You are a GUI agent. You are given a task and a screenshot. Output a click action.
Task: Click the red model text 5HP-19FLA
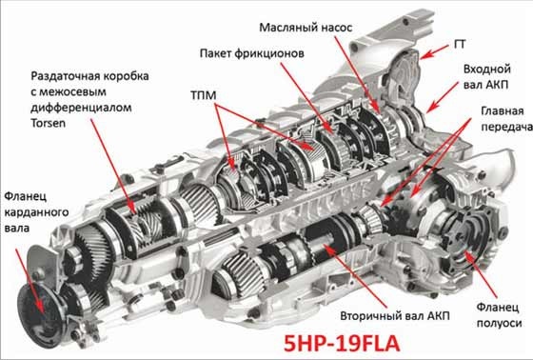pos(342,343)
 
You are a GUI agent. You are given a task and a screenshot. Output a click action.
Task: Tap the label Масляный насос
pos(306,28)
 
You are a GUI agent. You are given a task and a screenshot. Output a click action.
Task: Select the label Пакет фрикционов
pos(252,53)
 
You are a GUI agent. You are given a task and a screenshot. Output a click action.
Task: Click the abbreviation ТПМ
pos(204,95)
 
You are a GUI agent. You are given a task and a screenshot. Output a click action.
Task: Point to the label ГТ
pos(460,44)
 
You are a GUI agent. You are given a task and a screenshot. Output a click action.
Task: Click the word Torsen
pos(48,123)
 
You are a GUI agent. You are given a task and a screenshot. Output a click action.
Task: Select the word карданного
pos(36,212)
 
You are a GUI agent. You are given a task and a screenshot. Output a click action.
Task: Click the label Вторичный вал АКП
pos(395,316)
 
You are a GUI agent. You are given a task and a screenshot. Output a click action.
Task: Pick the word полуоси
pos(499,323)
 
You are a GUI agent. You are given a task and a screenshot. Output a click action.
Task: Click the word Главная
pos(503,111)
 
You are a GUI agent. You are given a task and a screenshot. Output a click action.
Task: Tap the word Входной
pos(487,70)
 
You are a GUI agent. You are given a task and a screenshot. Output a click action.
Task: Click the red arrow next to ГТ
pos(433,51)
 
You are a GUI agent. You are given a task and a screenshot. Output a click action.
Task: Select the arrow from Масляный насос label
pos(357,73)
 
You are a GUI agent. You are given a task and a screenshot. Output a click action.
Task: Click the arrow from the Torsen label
pos(113,167)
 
